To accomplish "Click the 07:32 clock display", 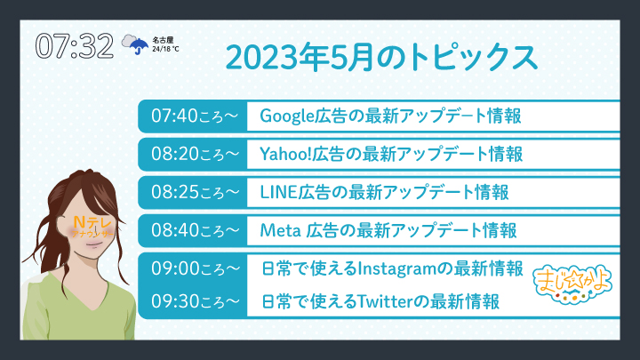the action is (x=75, y=45).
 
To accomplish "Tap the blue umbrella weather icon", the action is (x=139, y=45).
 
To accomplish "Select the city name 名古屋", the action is (x=163, y=40).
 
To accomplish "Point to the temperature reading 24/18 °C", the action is (x=165, y=49).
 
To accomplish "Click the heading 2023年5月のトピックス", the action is (x=381, y=58).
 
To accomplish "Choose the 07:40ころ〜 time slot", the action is (x=195, y=116).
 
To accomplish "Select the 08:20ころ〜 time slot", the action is (x=195, y=154).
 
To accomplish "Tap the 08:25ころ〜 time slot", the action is (x=195, y=192).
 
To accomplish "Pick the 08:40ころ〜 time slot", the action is (x=195, y=230).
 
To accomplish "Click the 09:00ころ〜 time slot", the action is (x=195, y=268).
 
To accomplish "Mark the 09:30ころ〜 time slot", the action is (x=195, y=301).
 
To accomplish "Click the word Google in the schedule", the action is (x=287, y=116).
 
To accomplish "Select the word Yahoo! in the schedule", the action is (x=286, y=155).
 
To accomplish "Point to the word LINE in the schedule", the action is (x=278, y=192).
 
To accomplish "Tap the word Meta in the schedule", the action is (x=280, y=230).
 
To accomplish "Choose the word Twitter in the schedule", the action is (x=386, y=302).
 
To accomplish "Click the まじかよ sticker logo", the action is (x=572, y=283).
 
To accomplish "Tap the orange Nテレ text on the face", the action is (x=92, y=222).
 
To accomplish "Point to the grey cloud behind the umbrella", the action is (x=130, y=41).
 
